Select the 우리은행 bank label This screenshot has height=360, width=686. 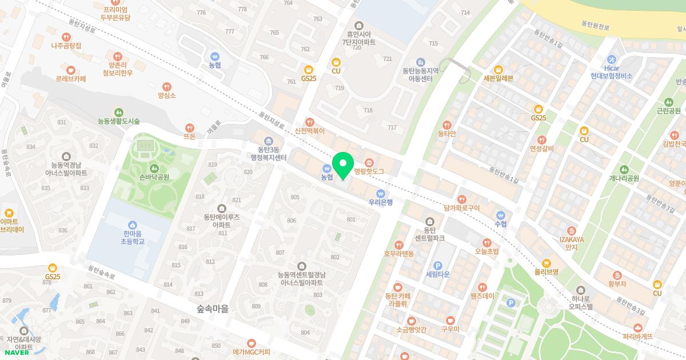click(380, 202)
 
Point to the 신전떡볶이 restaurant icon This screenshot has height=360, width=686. click(310, 122)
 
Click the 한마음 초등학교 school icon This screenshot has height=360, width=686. click(133, 225)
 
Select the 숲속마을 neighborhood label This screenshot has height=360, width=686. click(212, 309)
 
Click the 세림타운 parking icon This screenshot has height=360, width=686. click(438, 265)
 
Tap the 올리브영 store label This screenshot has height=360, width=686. click(546, 272)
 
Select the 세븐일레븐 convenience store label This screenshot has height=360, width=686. click(498, 78)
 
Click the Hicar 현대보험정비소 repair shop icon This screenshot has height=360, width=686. click(612, 59)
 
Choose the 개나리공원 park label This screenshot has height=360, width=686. click(624, 178)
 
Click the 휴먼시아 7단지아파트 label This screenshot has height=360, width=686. click(359, 38)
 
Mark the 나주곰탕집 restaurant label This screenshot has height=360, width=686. click(66, 45)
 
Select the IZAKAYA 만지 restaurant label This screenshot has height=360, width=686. click(571, 243)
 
